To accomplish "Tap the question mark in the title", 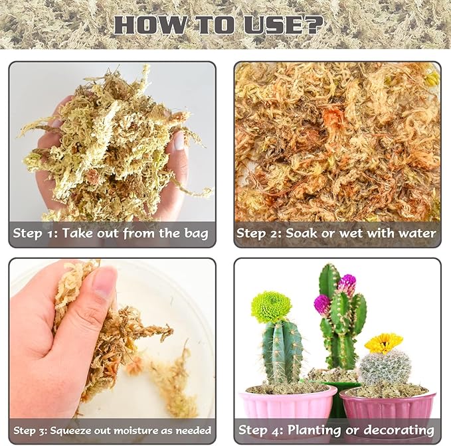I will [x=314, y=25].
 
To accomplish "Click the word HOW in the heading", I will [x=141, y=25].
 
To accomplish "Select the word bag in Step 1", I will [x=196, y=233].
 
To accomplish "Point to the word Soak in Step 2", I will [x=288, y=233].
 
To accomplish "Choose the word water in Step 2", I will [x=415, y=233].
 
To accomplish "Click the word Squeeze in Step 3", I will [x=72, y=430].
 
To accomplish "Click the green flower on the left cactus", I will [x=271, y=307].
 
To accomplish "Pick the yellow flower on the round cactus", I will [x=383, y=342].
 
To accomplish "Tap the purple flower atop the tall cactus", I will [x=346, y=283].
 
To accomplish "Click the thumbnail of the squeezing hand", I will [x=112, y=338].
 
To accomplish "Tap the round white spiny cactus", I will [x=385, y=368].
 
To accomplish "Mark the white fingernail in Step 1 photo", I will [x=179, y=140].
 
